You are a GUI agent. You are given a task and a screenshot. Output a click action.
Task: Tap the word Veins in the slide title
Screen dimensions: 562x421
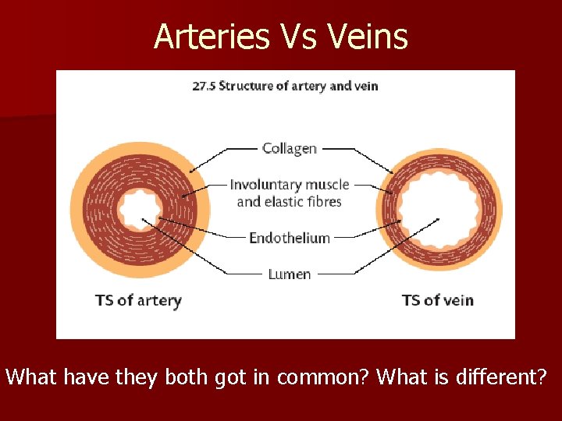[371, 36]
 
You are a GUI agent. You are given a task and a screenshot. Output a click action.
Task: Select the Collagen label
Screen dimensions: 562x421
[289, 148]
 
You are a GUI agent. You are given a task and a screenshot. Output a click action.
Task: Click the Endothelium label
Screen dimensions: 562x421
[289, 238]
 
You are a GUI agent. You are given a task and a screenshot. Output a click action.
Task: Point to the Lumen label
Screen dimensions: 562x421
[289, 274]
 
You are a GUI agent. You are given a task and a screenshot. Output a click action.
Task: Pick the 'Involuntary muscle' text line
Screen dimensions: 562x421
[289, 185]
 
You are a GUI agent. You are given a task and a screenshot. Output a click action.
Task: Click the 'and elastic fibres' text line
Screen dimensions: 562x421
[289, 202]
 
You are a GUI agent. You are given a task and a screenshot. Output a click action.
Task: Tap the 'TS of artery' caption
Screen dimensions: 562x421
[138, 300]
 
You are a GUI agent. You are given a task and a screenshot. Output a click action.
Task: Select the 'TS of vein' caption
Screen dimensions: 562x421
[437, 300]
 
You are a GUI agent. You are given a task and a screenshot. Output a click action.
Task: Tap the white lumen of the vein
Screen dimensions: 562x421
[439, 208]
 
